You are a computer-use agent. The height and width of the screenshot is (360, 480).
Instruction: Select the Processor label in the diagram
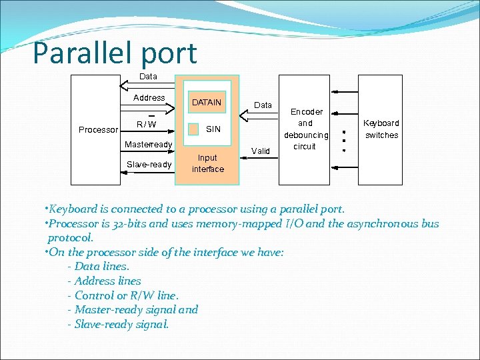98,130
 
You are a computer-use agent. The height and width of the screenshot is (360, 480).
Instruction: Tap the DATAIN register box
207,103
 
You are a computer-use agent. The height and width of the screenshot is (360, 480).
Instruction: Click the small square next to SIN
193,129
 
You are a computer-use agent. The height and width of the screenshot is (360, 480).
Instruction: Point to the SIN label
213,129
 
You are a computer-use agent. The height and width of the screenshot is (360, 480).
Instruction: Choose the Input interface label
208,163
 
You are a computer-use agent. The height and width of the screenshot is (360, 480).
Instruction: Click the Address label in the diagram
149,98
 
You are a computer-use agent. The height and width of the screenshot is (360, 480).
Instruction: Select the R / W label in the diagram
146,124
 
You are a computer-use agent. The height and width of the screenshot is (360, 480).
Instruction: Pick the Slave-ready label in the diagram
149,165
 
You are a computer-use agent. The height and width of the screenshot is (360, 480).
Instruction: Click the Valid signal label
261,151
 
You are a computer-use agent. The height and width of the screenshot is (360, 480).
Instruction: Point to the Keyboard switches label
381,129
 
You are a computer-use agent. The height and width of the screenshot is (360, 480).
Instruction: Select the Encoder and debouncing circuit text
306,129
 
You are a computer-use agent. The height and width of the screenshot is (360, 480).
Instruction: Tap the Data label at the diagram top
149,77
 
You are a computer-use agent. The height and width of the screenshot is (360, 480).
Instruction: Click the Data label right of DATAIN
263,105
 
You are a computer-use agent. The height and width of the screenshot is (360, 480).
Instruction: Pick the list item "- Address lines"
105,281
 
